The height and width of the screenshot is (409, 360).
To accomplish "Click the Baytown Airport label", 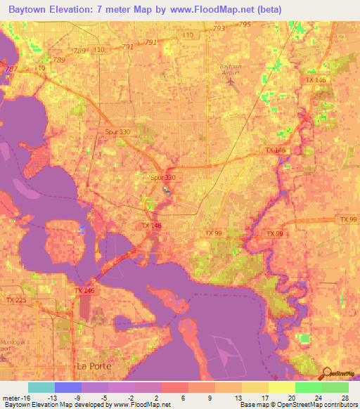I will [230, 69].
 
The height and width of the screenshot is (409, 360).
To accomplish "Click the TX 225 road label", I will [15, 300].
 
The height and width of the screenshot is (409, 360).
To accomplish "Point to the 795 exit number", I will [244, 25].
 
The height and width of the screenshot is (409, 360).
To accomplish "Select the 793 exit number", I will [218, 29].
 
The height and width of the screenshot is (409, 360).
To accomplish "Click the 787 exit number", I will [11, 69].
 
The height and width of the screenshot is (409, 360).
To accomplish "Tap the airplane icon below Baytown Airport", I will [231, 82].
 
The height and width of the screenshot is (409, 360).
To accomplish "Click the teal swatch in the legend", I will [41, 387].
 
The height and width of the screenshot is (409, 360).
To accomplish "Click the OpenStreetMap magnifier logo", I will [326, 373].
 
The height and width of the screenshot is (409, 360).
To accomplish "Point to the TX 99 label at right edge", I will [347, 220].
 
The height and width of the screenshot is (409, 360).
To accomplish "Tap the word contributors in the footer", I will [341, 405].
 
